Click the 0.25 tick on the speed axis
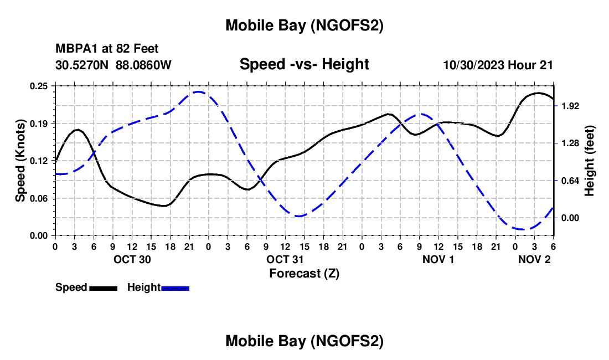(x=40, y=86)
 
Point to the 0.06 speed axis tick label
(x=40, y=198)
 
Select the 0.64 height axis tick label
(x=570, y=181)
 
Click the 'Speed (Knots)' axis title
(x=20, y=160)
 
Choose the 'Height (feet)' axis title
(x=590, y=160)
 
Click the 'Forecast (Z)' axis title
(x=304, y=273)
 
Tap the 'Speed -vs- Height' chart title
(x=304, y=64)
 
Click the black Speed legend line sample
(x=103, y=288)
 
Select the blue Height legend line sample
(x=175, y=288)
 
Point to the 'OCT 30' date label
(x=132, y=259)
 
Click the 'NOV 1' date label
(x=437, y=259)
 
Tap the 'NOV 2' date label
(x=534, y=259)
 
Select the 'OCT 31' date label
(x=285, y=259)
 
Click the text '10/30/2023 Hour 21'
(x=498, y=65)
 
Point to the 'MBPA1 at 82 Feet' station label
(x=107, y=49)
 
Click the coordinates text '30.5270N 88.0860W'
(x=113, y=65)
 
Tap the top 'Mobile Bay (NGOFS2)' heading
(x=304, y=25)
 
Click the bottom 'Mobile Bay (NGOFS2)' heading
(x=304, y=342)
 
